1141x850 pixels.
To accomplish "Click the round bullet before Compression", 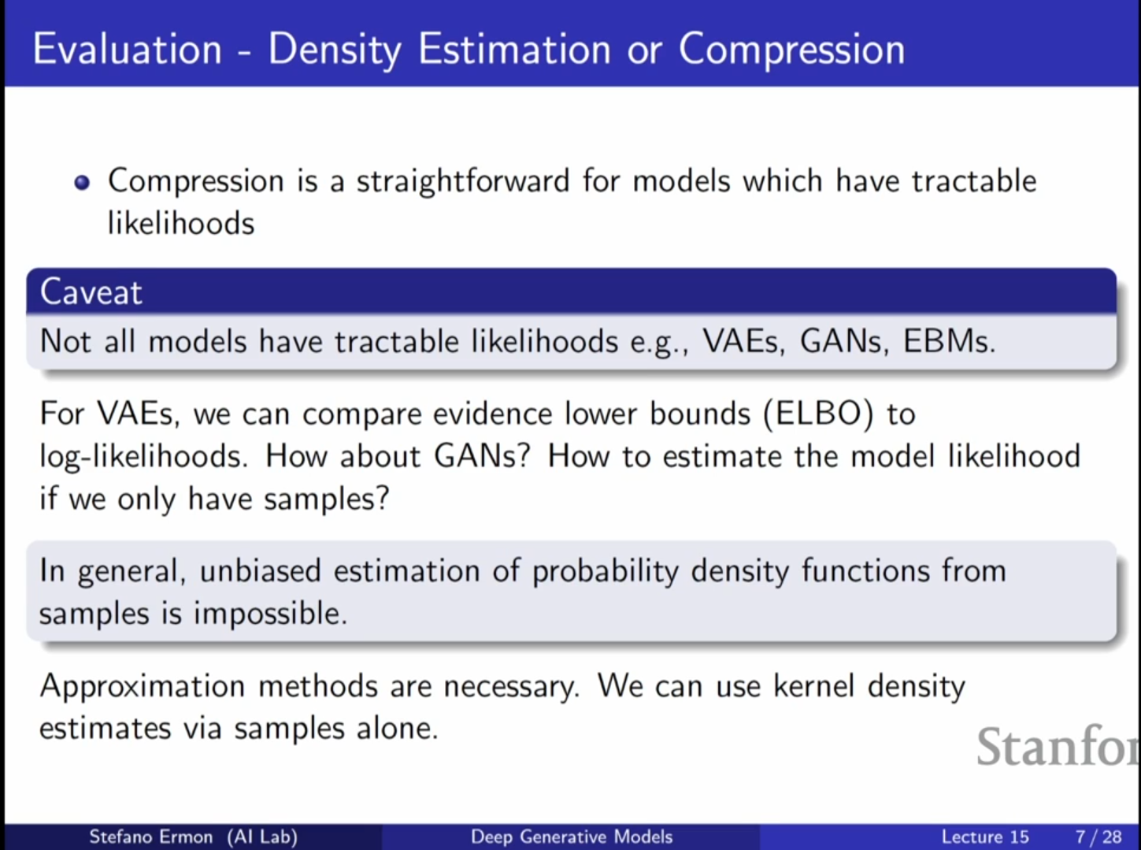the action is pos(83,183).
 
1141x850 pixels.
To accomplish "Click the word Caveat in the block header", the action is pos(91,292).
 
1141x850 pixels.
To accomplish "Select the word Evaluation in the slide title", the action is pos(127,50).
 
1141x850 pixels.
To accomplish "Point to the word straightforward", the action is pos(463,182).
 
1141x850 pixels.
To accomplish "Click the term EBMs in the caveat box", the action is pos(949,341).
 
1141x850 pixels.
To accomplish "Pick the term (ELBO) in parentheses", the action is pos(818,414).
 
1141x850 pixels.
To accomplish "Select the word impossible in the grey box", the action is pos(270,614).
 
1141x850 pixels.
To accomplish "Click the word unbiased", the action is pos(260,570).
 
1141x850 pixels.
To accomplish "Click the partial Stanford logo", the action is pos(1058,747).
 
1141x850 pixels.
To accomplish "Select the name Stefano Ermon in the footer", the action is pos(150,837).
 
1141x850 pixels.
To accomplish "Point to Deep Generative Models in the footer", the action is pos(572,837).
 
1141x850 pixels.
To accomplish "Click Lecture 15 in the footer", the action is pos(985,837).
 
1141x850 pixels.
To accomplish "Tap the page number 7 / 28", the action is pos(1098,837).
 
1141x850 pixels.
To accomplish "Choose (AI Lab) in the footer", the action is pos(262,837).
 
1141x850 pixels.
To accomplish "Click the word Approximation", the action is pos(143,687).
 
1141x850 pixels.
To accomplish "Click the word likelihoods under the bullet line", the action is pos(180,223).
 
